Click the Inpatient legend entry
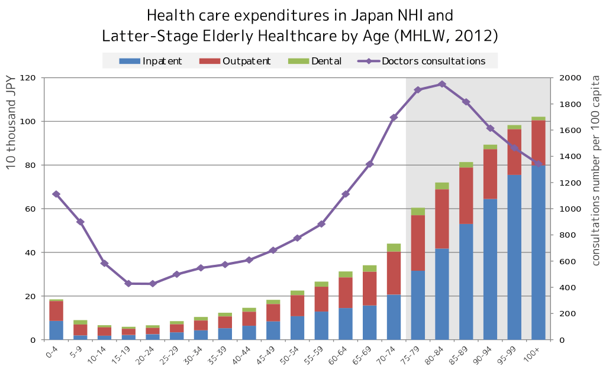[x=151, y=61]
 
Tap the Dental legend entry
[x=315, y=61]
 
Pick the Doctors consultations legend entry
[x=423, y=61]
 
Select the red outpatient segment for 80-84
[x=442, y=219]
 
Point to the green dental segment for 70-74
[x=394, y=248]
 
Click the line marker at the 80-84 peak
[x=442, y=85]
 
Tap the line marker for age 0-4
[x=56, y=194]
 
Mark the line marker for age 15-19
[x=128, y=284]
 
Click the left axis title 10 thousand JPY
[x=11, y=122]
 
